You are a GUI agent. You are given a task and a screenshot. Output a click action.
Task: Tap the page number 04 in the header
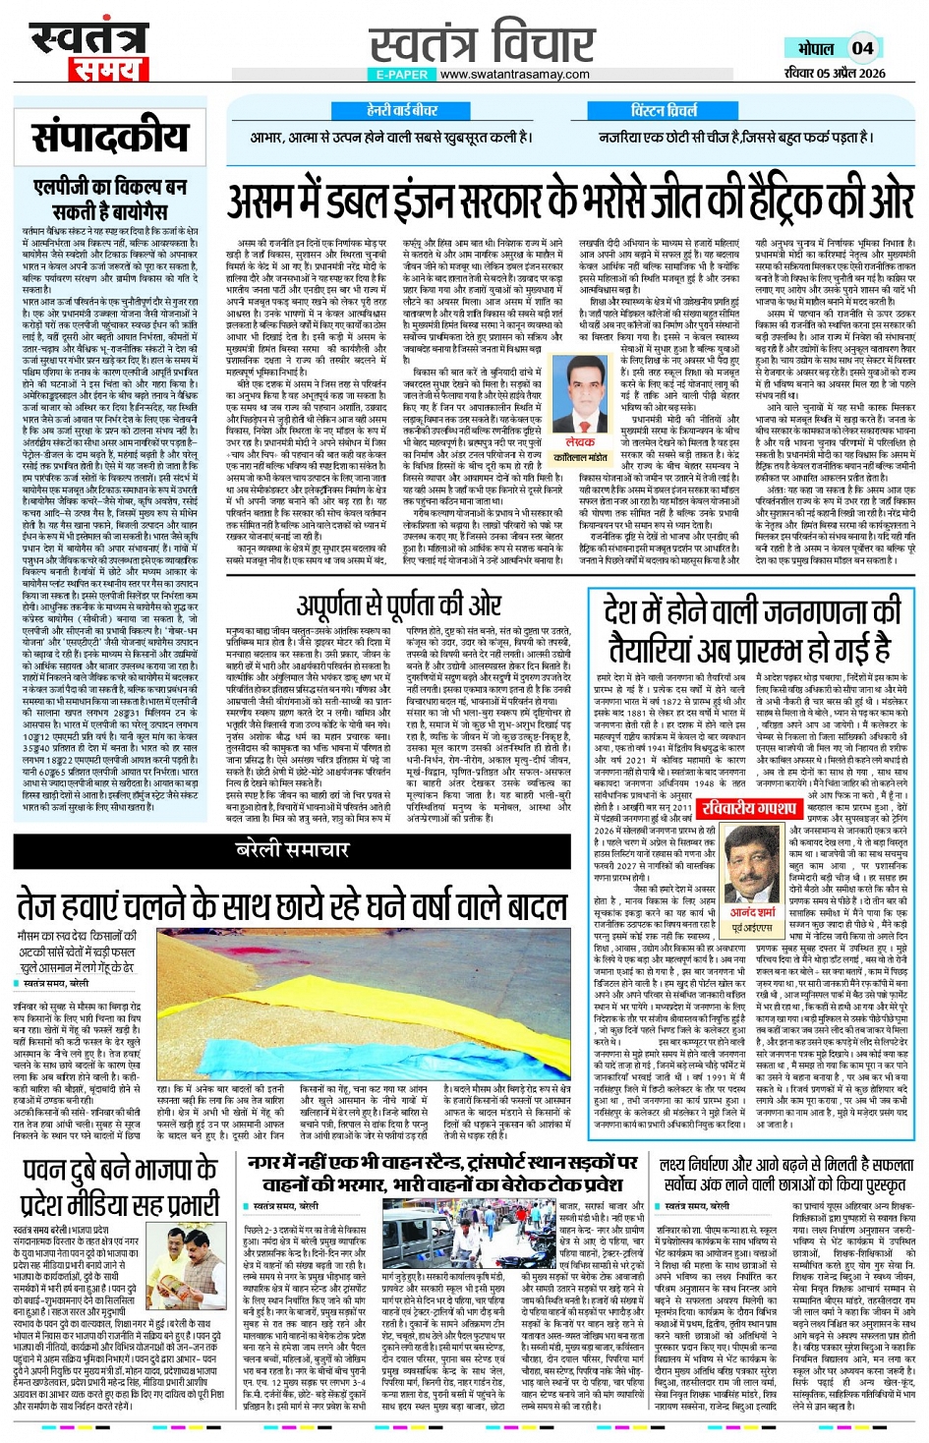[862, 47]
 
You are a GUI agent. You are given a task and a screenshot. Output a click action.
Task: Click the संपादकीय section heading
[108, 138]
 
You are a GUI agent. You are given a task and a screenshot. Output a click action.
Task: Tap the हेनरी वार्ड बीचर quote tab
[402, 111]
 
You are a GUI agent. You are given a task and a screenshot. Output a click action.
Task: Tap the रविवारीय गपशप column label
[748, 808]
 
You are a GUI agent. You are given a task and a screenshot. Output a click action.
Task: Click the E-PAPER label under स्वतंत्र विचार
[401, 75]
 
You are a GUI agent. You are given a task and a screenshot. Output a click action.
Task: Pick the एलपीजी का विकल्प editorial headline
[109, 199]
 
